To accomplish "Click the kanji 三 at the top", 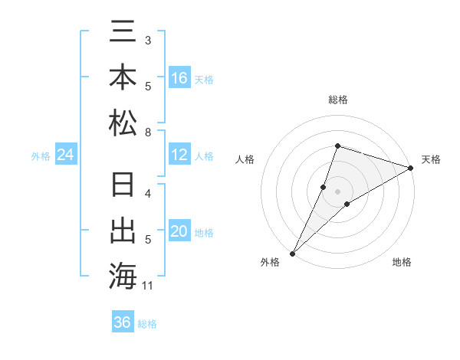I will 123,33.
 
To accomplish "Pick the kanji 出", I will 123,231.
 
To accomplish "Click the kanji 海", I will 123,276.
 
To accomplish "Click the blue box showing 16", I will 179,78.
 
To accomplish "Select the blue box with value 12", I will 179,155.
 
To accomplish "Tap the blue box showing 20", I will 179,232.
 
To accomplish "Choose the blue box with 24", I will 66,155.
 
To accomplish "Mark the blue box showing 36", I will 122,322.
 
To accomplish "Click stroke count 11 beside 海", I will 149,286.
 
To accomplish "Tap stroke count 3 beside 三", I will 147,40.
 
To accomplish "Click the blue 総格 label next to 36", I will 148,324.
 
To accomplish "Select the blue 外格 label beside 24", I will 41,156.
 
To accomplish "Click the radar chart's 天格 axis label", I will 431,159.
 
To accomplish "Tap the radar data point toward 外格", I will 292,253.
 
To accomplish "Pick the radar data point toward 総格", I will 337,146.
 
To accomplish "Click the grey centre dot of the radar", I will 337,191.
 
